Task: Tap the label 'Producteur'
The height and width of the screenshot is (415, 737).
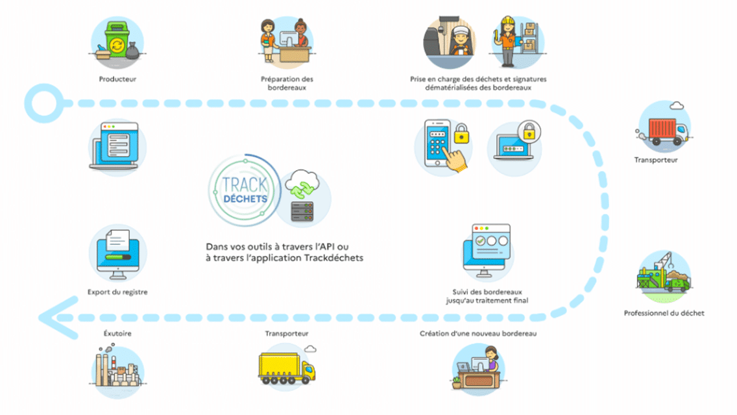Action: [x=117, y=80]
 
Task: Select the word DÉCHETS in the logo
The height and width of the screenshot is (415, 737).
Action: [x=239, y=198]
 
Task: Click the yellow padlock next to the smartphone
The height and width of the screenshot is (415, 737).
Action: [x=461, y=134]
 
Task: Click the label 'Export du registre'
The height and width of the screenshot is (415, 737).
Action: [x=117, y=292]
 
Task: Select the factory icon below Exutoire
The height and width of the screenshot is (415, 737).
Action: [x=117, y=371]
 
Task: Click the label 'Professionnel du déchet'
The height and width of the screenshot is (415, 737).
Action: [x=664, y=313]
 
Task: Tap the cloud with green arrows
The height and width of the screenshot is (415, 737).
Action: [x=303, y=183]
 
